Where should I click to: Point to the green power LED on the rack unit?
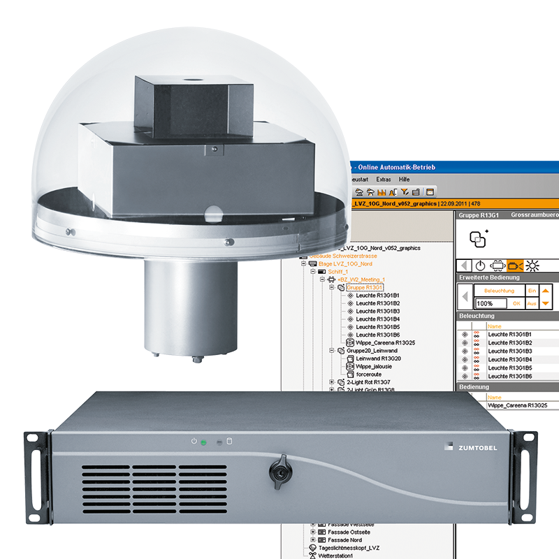tap(203, 442)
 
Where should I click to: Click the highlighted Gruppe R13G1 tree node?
tap(365, 287)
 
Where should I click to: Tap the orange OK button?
tap(516, 304)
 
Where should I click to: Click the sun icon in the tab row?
tap(533, 266)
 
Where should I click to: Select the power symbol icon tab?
tap(480, 266)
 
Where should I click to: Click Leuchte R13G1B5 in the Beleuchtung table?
tap(509, 368)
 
